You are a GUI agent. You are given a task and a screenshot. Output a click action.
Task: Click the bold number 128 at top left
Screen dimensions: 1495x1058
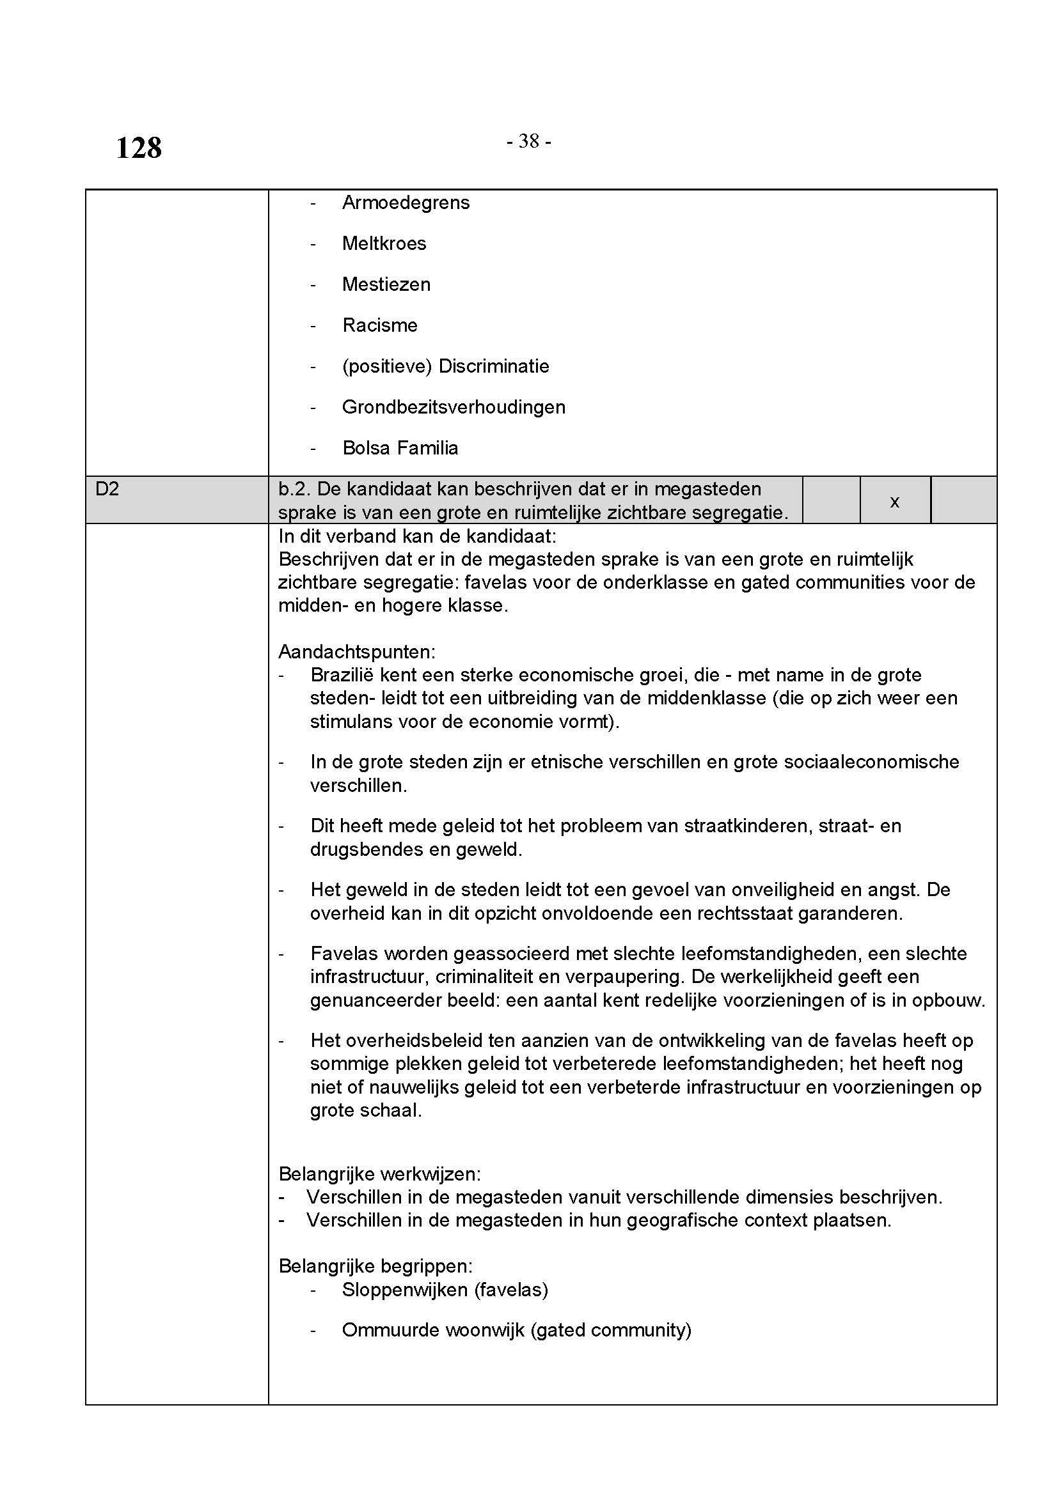coord(139,148)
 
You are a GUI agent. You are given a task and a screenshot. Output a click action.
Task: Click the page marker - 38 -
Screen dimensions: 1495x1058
coord(528,141)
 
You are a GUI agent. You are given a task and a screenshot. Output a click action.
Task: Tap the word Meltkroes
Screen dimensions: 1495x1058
coord(384,244)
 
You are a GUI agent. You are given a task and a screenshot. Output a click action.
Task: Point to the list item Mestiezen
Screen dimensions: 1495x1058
coord(386,284)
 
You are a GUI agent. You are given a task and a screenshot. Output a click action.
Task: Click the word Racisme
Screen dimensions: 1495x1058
coord(380,325)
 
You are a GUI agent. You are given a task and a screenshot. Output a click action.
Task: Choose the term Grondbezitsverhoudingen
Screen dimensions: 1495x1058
coord(454,407)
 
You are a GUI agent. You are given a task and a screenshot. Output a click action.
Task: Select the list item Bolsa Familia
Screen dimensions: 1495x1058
coord(400,448)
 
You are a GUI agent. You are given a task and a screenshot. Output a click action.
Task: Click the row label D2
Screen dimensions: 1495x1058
coord(107,489)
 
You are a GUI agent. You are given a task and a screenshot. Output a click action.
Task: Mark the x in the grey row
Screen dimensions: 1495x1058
coord(894,501)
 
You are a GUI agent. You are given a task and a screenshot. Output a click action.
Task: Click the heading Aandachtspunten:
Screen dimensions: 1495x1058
coord(356,652)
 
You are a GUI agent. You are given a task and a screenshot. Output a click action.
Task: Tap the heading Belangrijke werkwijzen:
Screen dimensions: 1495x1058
coord(379,1174)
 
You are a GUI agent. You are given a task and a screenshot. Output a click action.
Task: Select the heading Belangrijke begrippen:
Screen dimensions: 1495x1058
coord(375,1266)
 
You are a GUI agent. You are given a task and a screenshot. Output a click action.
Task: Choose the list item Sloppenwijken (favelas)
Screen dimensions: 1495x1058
coord(445,1290)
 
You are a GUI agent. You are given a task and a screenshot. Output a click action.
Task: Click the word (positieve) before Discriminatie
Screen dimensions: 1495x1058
coord(387,367)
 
